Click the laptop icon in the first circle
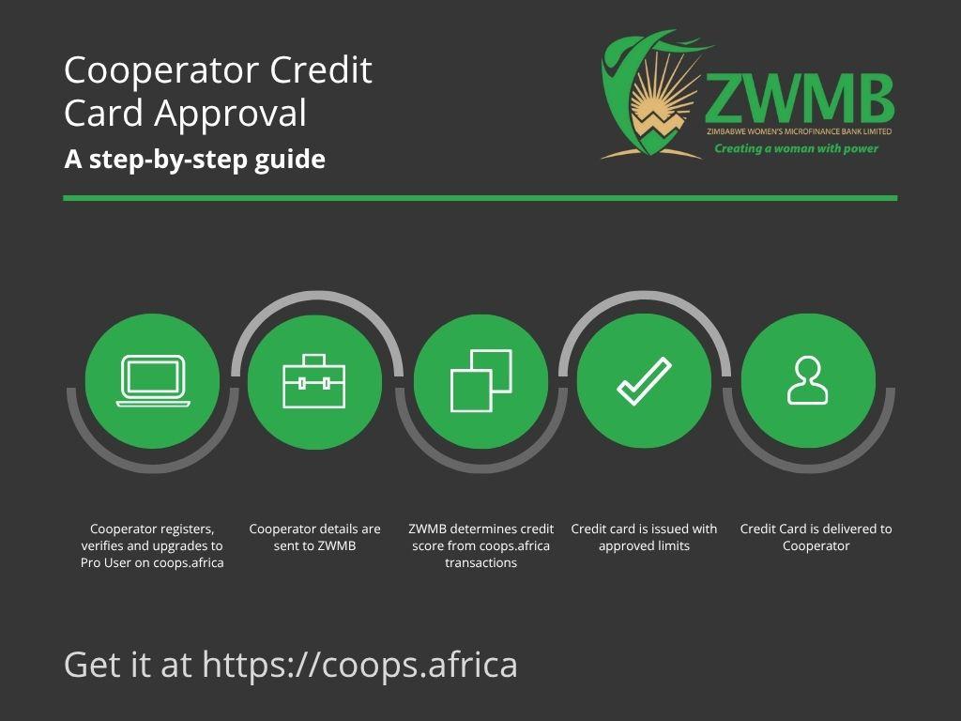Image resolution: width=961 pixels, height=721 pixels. (153, 381)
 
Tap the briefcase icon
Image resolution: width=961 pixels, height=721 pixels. (313, 381)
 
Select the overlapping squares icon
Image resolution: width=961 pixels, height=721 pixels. (481, 380)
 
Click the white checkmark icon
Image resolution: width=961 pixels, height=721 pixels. (644, 381)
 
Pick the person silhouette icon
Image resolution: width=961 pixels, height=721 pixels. (808, 381)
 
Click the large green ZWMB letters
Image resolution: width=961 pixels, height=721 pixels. (799, 98)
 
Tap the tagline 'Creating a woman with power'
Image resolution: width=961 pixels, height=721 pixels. (796, 148)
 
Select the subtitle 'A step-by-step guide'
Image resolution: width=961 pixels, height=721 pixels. (195, 160)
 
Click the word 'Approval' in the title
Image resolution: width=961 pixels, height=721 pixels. (230, 114)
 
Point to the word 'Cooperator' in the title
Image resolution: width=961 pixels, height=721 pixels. (161, 70)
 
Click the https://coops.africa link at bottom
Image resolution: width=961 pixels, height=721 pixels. (359, 666)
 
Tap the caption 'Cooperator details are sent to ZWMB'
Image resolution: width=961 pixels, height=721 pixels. (314, 537)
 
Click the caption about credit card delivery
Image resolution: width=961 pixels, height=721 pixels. (816, 537)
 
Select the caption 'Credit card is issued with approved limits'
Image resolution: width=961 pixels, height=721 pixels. (644, 537)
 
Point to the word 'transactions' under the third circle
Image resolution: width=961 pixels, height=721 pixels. (481, 563)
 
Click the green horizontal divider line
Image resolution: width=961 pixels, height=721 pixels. (480, 198)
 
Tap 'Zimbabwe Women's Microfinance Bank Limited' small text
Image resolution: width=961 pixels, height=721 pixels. (800, 131)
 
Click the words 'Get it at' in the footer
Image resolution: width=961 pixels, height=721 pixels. (128, 666)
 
